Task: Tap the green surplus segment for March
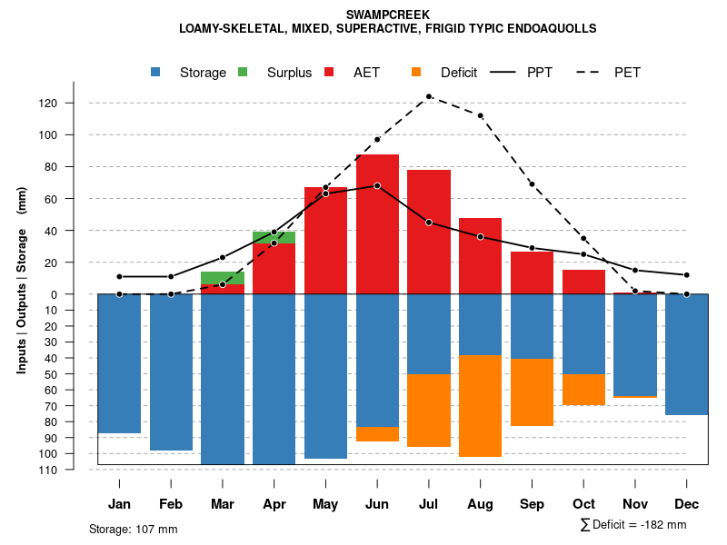coord(223,278)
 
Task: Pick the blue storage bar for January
coord(119,363)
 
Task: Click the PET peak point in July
coord(429,96)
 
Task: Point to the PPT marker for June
coord(377,185)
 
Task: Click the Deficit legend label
coord(458,73)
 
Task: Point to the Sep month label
coord(532,504)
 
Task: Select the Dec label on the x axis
coord(686,504)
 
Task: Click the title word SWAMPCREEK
coord(388,15)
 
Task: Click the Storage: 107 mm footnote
coord(134,529)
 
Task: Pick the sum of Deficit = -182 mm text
coord(632,525)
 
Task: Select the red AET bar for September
coord(532,272)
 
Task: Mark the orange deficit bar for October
coord(583,390)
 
